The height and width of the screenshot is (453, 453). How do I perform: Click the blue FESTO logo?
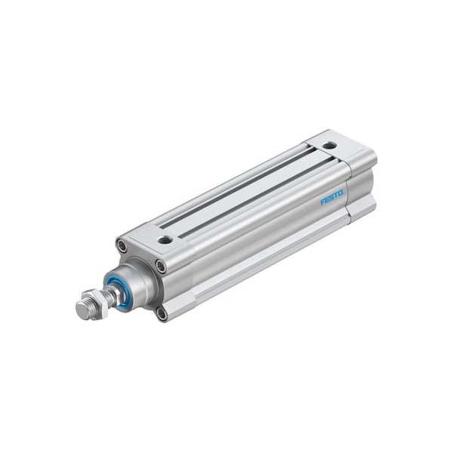[332, 198]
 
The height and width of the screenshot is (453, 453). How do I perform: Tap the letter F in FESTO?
[323, 202]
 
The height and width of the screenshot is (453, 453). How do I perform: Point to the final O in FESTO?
[341, 193]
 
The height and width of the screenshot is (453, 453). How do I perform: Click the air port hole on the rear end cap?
[330, 144]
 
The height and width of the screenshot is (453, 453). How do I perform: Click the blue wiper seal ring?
[116, 285]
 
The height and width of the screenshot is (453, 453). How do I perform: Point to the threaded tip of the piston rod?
[82, 310]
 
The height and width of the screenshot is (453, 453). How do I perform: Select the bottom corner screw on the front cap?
[161, 313]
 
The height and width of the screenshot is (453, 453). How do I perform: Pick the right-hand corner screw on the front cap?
[161, 265]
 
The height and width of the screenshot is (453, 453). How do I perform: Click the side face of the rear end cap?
[363, 185]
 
